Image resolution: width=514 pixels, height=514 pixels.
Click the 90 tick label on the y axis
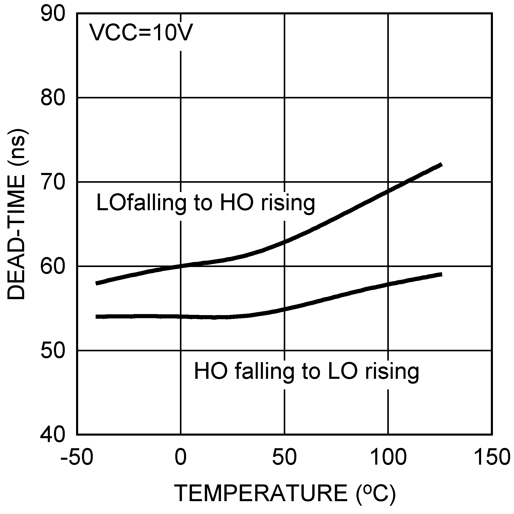click(x=53, y=14)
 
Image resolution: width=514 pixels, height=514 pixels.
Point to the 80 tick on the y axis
click(x=53, y=98)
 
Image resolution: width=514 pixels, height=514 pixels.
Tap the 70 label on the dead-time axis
click(x=53, y=182)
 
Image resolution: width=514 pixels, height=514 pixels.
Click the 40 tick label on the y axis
click(x=53, y=435)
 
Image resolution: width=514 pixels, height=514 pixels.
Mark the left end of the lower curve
click(x=96, y=317)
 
